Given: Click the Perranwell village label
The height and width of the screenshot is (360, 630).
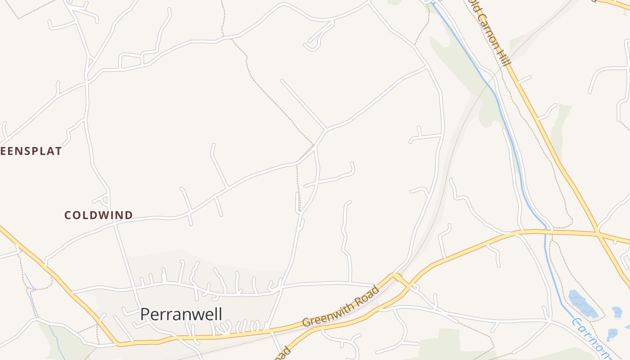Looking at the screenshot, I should coord(181,314).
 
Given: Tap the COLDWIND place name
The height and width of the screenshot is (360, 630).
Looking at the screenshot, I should coord(99,215).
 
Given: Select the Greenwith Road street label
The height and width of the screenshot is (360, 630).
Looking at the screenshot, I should coord(341,306).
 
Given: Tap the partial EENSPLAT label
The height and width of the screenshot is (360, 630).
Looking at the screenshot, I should coord(31,151).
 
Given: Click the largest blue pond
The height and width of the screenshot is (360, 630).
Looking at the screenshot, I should coord(582,303).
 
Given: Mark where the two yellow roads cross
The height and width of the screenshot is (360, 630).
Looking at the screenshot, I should coord(598,233).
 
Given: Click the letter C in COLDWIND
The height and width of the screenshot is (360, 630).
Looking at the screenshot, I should coord(68,215).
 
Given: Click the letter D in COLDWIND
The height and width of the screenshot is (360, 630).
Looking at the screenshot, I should coord(129,215).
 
